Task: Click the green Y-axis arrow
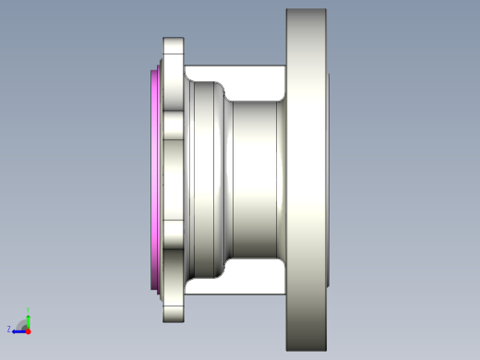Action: pos(28,319)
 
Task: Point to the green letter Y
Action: pos(28,310)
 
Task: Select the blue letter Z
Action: pos(9,329)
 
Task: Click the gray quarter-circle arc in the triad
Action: pos(22,323)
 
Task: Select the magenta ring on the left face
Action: pos(154,180)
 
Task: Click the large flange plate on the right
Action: pos(306,180)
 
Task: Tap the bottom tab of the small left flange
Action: pos(174,308)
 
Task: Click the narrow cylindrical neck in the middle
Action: pos(257,180)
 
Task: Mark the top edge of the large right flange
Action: pos(306,10)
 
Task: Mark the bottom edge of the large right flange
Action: pos(306,350)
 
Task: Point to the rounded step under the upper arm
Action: pos(222,92)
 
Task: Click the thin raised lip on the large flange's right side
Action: pos(329,180)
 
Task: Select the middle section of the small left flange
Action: pos(174,180)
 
